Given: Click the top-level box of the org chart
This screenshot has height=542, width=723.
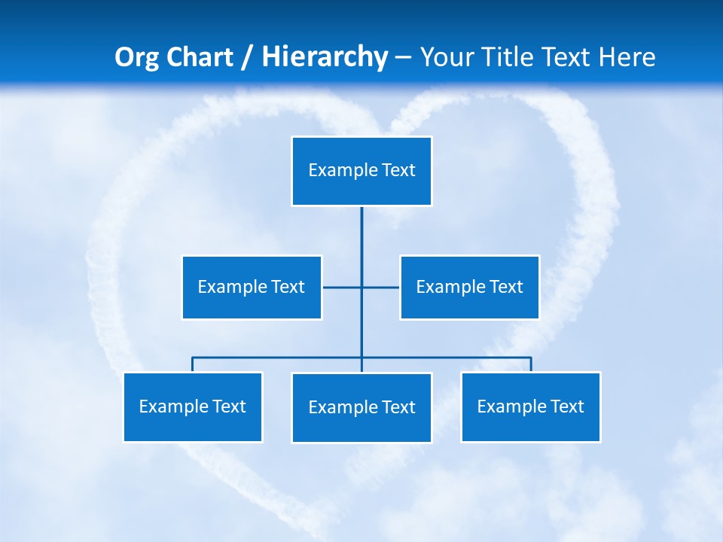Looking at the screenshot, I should (361, 171).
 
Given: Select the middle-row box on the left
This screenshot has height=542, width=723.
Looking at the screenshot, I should (252, 287).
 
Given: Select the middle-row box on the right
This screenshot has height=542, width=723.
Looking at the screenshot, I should (469, 287).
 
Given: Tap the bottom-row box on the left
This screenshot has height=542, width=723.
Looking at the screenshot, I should (193, 406).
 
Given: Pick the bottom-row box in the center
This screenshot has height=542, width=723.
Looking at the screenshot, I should (361, 407).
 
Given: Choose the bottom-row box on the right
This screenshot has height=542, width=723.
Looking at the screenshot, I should (530, 406).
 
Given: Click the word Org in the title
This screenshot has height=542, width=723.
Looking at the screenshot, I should (135, 57).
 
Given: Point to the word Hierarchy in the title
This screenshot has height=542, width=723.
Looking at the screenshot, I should (324, 57).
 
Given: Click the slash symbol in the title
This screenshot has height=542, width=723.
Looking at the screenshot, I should (247, 57).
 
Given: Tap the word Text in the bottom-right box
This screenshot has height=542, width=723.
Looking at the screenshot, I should (566, 406).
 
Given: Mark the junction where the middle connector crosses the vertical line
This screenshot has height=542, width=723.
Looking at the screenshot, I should (361, 287).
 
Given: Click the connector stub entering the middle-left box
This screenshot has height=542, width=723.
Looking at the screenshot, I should (331, 287).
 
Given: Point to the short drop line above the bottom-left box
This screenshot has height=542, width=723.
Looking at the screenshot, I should (193, 364).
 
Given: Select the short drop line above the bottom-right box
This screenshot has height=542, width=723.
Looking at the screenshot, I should (530, 364).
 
